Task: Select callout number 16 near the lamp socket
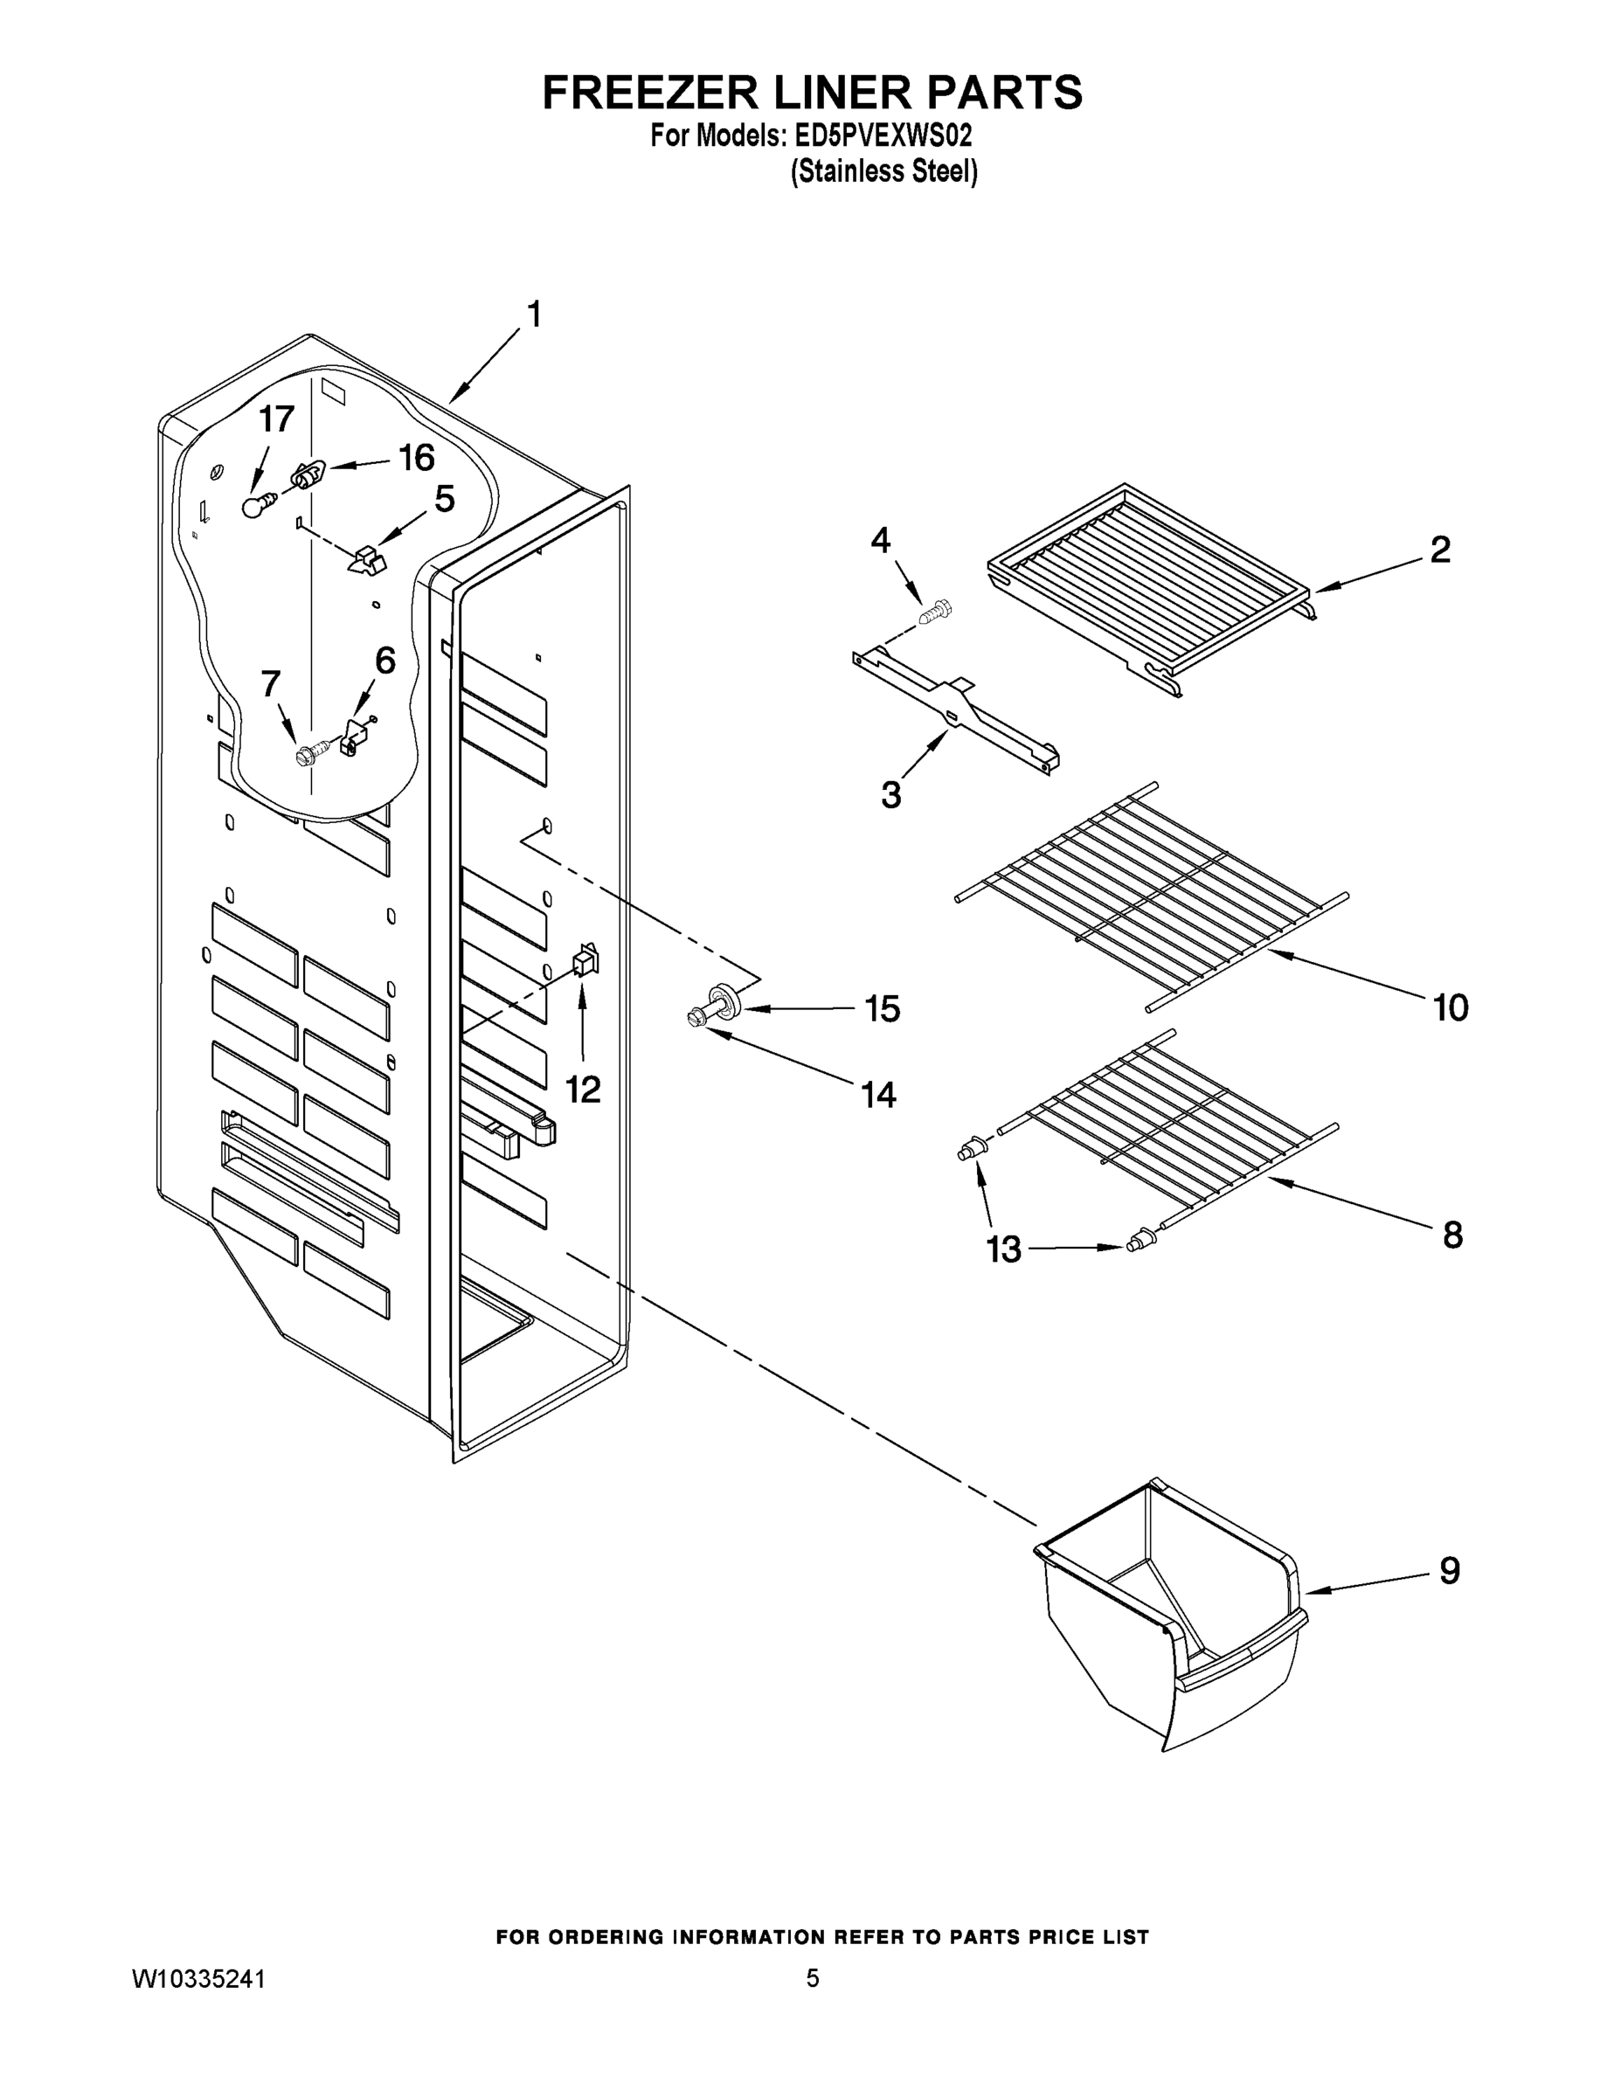point(416,458)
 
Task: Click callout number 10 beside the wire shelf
point(1450,1007)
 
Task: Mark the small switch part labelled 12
point(584,960)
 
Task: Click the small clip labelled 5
point(364,560)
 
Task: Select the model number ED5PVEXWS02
point(883,136)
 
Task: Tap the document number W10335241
point(197,1978)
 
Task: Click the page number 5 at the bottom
point(813,1978)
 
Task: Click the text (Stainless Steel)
point(883,172)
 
